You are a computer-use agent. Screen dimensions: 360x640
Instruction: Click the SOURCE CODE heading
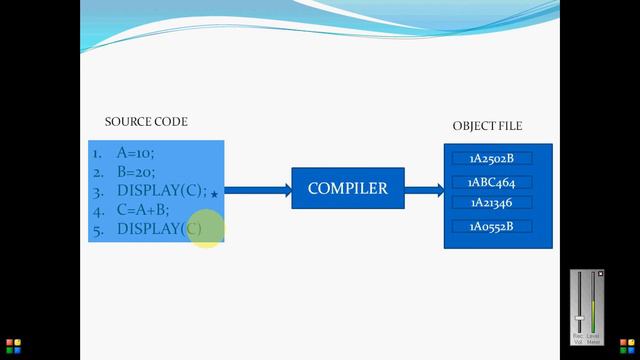146,122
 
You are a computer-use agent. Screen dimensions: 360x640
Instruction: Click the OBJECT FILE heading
487,126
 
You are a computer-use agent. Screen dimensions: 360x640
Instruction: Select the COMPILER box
347,188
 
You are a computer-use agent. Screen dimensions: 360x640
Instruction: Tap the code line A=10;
136,154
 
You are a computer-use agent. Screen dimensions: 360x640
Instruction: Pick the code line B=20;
136,172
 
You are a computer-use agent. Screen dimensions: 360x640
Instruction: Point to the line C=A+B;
143,210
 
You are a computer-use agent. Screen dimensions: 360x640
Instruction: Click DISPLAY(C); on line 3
161,191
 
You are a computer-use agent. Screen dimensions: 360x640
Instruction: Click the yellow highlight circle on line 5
205,229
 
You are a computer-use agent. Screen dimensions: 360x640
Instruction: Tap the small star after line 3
214,194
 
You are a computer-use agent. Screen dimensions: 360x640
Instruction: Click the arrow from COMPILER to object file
424,189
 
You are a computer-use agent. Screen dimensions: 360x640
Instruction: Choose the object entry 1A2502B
491,158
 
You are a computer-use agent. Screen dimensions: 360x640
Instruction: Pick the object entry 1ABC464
491,182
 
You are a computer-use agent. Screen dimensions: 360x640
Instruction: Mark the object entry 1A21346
491,203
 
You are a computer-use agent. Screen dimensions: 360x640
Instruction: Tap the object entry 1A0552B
491,226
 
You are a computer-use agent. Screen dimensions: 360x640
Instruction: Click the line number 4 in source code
97,211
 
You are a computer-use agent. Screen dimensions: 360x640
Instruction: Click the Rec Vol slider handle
579,318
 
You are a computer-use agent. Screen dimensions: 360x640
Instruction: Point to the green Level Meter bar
594,321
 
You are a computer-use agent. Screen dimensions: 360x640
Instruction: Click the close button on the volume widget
601,274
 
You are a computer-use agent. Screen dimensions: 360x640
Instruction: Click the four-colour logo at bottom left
13,347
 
